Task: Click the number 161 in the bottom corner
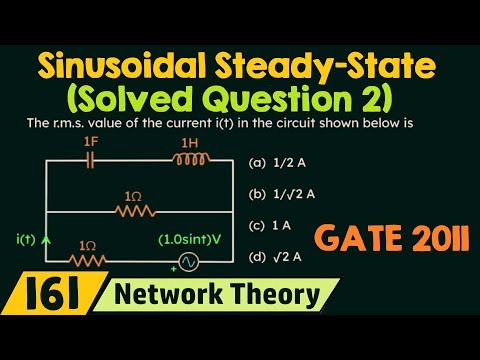click(x=37, y=296)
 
